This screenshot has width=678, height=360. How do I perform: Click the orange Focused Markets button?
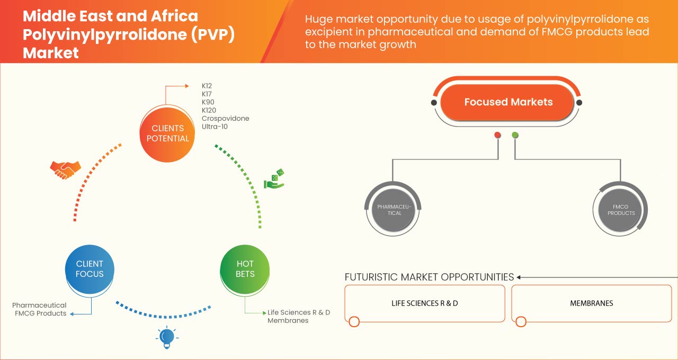[507, 102]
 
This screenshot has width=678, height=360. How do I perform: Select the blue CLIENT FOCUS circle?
[90, 268]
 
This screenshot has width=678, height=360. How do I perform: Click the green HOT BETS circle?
[245, 268]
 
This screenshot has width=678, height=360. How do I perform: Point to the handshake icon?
[65, 169]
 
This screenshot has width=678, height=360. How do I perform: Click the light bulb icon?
[167, 337]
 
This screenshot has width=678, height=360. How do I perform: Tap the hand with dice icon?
[275, 179]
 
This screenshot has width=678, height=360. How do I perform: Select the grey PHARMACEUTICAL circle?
[394, 210]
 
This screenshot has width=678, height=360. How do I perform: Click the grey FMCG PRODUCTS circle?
[621, 210]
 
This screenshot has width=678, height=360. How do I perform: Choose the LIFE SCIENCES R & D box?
[425, 303]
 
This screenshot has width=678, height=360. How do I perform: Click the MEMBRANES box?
[591, 303]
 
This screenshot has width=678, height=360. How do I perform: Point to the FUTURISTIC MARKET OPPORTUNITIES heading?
[429, 277]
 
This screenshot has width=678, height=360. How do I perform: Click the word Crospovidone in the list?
[225, 119]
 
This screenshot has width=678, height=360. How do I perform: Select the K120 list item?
[209, 110]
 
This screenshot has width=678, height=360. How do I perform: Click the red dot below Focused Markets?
[497, 136]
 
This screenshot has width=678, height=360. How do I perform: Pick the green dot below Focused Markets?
[515, 136]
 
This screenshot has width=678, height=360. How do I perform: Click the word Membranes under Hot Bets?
[288, 321]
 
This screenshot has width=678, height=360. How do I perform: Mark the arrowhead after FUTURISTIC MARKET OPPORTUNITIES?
[519, 277]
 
